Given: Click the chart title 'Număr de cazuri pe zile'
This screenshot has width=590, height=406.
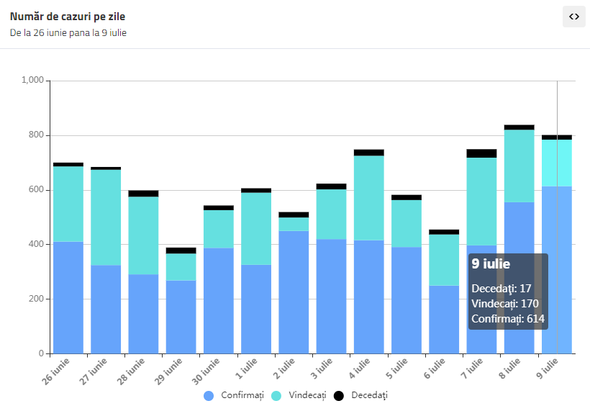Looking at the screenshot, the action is [68, 17].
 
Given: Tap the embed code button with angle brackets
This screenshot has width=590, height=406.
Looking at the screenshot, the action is [574, 17].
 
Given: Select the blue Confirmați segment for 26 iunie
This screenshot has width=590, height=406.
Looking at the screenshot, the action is [68, 297].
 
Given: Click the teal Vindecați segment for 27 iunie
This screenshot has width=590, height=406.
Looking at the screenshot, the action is [106, 217].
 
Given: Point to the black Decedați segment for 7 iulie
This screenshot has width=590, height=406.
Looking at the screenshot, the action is [481, 153].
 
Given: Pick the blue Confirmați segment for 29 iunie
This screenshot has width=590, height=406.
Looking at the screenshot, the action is [181, 317].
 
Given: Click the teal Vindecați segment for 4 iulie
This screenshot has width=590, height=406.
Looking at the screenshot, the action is [368, 198].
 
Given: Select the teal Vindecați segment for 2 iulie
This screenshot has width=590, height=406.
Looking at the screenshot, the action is [294, 224].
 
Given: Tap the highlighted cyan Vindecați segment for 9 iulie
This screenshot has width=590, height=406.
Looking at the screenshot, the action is [557, 163].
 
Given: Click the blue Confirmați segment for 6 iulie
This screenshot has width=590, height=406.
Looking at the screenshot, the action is [444, 320].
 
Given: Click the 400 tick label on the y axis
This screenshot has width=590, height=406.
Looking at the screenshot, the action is [36, 244].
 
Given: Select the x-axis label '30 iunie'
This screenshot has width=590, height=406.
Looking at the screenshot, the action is [206, 371].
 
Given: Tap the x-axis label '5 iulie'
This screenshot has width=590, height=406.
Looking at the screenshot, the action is [396, 369].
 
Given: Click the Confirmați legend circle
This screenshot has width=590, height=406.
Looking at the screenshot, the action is [209, 395].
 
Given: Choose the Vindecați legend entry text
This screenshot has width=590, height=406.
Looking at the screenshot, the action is [307, 395].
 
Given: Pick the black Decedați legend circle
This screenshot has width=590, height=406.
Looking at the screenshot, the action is [339, 395].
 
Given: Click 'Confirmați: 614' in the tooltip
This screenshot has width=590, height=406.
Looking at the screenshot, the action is [508, 319].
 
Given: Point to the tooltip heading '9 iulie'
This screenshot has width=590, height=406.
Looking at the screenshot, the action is [491, 264].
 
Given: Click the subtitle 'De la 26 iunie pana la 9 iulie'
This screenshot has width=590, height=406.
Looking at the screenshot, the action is [68, 33].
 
